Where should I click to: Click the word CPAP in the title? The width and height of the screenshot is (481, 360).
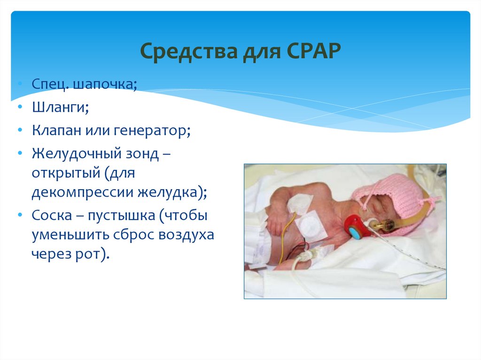(314, 51)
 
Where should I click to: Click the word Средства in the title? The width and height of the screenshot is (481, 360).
(189, 51)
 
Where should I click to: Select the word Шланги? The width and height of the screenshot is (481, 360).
(60, 107)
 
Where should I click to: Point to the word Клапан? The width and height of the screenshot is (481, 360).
(56, 130)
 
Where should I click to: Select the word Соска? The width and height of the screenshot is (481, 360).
(52, 215)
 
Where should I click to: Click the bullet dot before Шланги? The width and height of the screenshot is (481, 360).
(20, 107)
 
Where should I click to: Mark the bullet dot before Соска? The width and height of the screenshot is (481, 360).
(20, 215)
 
